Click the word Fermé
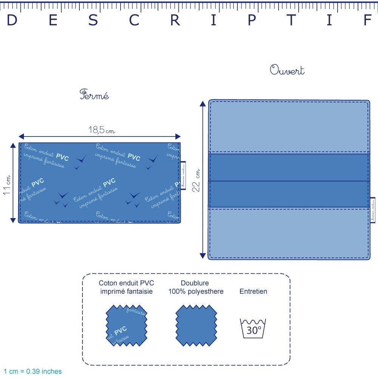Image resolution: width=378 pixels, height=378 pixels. (x=94, y=94)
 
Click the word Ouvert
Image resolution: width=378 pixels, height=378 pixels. (x=287, y=70)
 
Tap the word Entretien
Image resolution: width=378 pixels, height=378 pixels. (x=253, y=291)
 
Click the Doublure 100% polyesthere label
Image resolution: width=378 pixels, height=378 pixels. (x=195, y=287)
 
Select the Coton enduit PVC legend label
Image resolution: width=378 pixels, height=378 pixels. (x=126, y=287)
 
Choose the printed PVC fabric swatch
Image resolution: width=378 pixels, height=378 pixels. (x=126, y=325)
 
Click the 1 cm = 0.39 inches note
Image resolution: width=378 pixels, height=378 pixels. (x=33, y=372)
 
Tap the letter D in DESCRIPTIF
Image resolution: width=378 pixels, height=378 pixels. (x=12, y=21)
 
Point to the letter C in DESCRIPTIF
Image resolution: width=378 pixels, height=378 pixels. (x=135, y=21)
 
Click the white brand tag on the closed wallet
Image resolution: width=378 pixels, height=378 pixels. (x=183, y=175)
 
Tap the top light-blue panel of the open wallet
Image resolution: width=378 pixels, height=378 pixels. (x=289, y=127)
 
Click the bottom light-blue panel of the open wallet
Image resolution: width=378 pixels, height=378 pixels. (x=289, y=233)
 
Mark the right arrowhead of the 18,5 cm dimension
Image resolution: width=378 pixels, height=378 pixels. (x=178, y=136)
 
